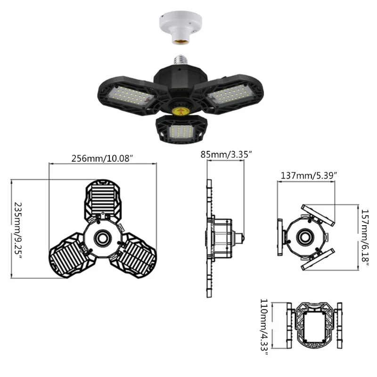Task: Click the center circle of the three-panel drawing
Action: pos(102,237)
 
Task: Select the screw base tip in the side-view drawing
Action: pos(244,236)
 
